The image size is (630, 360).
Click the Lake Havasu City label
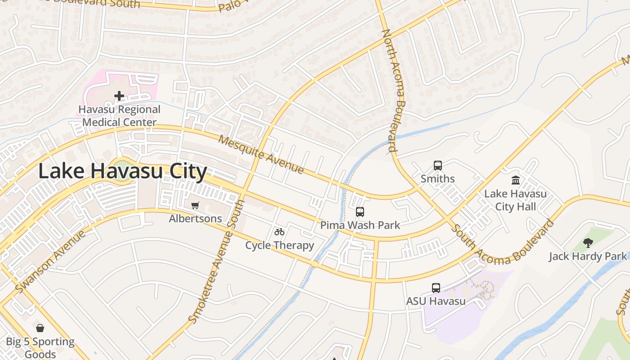coord(122,171)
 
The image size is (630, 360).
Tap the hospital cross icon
coord(119,96)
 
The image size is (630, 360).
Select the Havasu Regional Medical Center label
coord(119,116)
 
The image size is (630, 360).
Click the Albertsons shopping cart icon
coord(195,206)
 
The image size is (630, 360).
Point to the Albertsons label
coord(195,219)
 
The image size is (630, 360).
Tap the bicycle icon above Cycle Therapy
coord(279,232)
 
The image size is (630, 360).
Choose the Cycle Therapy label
coord(279,245)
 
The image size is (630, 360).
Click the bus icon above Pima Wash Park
coord(360,212)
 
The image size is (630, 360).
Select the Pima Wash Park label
coord(360,225)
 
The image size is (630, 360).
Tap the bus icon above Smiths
coord(438,166)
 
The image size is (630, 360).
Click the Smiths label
coord(438,179)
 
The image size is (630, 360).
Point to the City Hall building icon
coord(516,180)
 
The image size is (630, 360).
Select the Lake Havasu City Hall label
coord(516,200)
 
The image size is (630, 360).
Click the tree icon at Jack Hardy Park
coord(588,243)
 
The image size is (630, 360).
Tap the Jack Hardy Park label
coord(588,256)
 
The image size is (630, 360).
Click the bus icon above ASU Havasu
coord(436,288)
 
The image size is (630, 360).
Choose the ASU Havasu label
coord(436,301)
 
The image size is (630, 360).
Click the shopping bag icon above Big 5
coord(40,328)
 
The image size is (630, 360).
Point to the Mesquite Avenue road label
coord(261,154)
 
